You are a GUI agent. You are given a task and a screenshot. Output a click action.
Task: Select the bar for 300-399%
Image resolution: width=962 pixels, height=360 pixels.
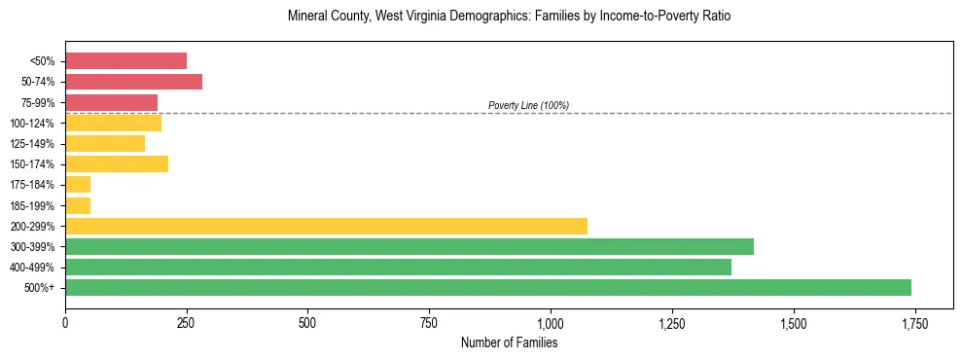point(410,246)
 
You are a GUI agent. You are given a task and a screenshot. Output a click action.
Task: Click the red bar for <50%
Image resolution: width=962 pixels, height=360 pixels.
point(125,61)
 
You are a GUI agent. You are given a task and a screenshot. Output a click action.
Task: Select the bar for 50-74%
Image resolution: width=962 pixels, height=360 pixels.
point(133,82)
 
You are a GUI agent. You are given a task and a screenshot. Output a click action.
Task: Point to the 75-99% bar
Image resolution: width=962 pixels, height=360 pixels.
point(111,102)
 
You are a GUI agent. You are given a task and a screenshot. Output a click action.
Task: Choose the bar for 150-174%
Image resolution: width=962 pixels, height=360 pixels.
point(117,163)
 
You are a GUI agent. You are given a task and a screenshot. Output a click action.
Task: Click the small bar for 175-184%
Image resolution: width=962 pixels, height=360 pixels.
point(78,185)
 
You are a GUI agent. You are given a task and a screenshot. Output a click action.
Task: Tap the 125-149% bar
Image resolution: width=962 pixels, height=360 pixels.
point(105,143)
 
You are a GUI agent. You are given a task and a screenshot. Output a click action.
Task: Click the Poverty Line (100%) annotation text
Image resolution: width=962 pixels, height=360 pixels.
point(528,105)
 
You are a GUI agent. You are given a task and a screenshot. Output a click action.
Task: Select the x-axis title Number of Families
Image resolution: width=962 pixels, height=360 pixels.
point(509,342)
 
